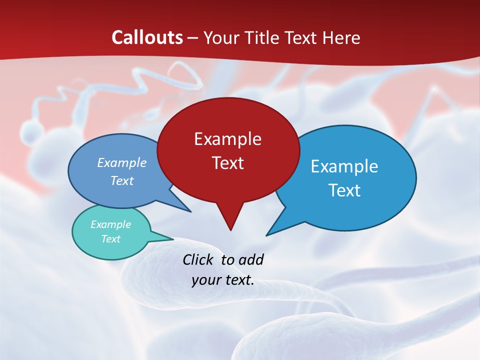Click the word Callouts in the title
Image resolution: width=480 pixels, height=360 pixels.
(x=147, y=37)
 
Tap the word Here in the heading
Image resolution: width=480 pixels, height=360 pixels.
(x=341, y=37)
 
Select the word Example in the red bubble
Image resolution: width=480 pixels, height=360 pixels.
(x=227, y=138)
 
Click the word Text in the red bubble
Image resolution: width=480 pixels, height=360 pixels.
(x=227, y=163)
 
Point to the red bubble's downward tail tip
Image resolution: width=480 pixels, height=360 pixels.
(x=230, y=229)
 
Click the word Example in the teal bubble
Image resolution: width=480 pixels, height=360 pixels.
(x=111, y=224)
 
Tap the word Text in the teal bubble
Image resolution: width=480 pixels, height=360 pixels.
(x=111, y=239)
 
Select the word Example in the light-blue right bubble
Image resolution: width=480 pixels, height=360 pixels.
(x=344, y=166)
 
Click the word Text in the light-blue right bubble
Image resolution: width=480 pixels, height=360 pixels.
(x=344, y=190)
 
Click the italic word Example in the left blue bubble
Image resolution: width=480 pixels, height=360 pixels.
(x=122, y=162)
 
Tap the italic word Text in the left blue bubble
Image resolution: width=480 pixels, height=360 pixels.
(x=122, y=180)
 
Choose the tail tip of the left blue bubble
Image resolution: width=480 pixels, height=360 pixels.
(x=190, y=211)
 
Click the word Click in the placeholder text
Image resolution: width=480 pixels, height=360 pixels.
(x=198, y=259)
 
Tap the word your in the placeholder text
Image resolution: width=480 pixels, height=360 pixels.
(x=205, y=280)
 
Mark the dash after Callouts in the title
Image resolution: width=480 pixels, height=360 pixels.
(x=193, y=38)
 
